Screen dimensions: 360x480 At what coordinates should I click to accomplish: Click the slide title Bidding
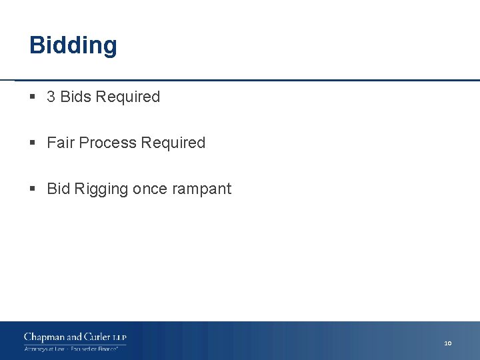tap(73, 45)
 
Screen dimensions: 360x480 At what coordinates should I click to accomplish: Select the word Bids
tap(75, 97)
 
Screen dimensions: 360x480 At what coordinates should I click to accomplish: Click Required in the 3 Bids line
tap(128, 97)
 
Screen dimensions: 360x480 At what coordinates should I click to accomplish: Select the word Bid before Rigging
tap(58, 189)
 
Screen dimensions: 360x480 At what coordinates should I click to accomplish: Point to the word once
tap(150, 189)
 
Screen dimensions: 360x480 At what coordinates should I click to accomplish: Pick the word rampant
tap(201, 189)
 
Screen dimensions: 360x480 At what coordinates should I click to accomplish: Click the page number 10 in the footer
tap(448, 343)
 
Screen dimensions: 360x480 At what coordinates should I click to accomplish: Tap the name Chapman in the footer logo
tap(45, 337)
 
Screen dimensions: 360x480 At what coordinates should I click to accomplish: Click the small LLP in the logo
tap(119, 337)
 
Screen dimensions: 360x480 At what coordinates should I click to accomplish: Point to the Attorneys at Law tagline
tap(44, 349)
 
